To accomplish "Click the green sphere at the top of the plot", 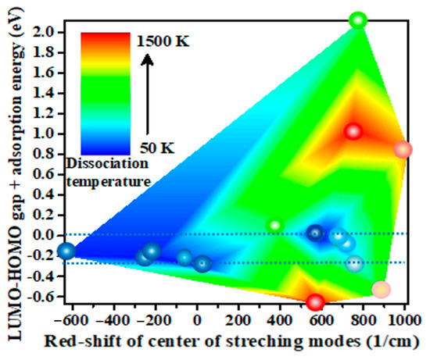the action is pos(358,20).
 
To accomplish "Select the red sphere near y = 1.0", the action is pos(353,132).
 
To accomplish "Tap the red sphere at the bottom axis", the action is pos(315,302).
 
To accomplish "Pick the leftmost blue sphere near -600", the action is pos(66,251).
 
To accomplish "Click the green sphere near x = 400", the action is pos(275,226).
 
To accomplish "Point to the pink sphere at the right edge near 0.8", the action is pos(403,150).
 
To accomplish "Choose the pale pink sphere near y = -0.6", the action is pos(381,290).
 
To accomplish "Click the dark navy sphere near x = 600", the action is pos(315,233).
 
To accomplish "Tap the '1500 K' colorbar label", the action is pos(163,41).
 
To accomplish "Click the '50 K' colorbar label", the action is pos(157,148).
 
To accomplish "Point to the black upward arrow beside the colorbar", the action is pos(147,94).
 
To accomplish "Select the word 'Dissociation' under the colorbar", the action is pos(108,164).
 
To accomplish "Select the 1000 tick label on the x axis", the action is pos(404,320).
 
